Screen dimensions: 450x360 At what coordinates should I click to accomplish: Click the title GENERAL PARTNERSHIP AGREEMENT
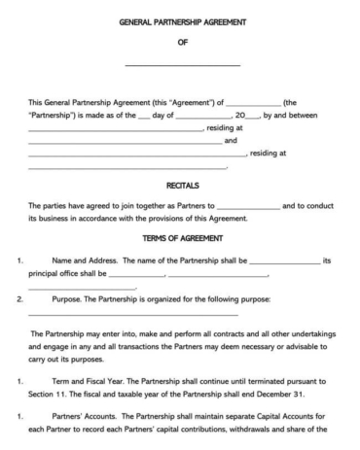click(x=181, y=20)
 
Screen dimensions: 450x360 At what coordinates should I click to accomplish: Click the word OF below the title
click(x=182, y=42)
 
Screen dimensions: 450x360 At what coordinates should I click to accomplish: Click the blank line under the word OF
click(x=182, y=64)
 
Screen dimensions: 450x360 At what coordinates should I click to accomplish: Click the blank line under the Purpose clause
click(x=132, y=314)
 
